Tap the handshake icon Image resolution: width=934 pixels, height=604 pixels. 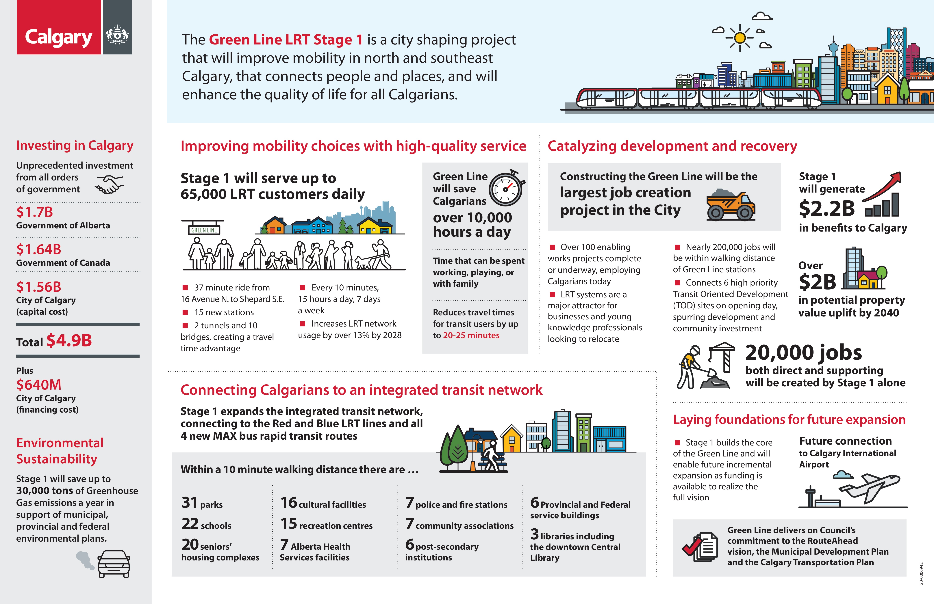coord(109,184)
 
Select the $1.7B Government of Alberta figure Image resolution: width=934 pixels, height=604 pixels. coord(35,212)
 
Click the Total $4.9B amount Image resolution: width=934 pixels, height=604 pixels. coord(69,340)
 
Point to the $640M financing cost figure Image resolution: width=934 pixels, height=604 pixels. coord(38,385)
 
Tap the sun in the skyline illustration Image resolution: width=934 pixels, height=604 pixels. coord(740,38)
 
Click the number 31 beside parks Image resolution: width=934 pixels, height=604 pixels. coord(190,503)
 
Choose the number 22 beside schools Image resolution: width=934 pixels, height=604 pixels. coord(190,524)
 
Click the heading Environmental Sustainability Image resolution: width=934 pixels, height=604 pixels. coord(60,451)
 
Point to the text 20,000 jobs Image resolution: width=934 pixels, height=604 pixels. coord(803,353)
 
